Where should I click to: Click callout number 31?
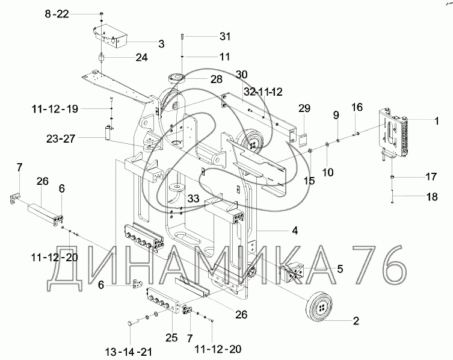(225, 37)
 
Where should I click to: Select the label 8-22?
(57, 14)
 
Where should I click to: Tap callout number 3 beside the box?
(161, 44)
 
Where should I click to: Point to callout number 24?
(142, 58)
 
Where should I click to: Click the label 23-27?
(61, 139)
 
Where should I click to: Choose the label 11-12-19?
(55, 109)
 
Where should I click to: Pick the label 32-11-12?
(263, 92)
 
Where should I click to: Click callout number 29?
(304, 108)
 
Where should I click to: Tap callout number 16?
(357, 107)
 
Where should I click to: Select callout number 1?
(437, 121)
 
